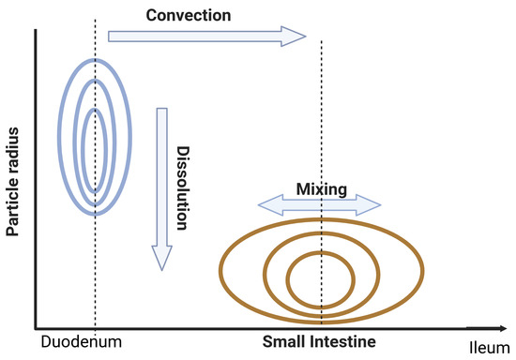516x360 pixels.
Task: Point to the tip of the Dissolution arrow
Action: (161, 267)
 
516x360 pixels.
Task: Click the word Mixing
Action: (322, 188)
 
